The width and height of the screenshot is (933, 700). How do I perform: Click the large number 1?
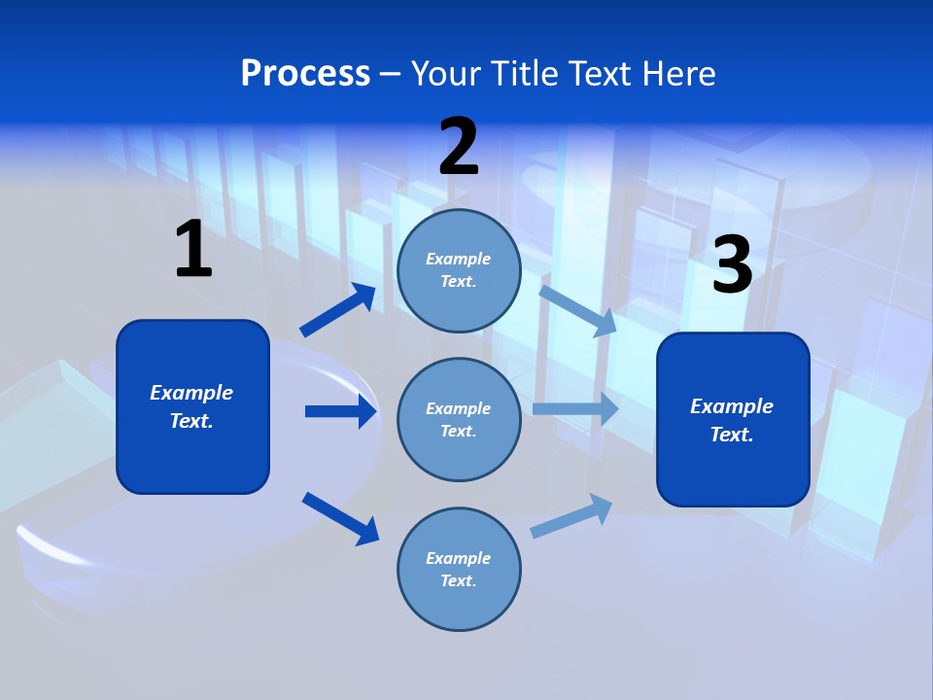(x=193, y=249)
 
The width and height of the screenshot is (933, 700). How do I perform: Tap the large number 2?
(x=459, y=147)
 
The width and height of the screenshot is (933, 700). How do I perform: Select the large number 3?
(x=732, y=264)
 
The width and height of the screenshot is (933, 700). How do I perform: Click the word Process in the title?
(x=305, y=73)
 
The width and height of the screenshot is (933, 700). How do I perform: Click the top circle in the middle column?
(x=459, y=270)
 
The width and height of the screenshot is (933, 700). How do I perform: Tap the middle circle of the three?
(x=459, y=420)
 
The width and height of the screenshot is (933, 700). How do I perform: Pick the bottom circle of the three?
(x=459, y=570)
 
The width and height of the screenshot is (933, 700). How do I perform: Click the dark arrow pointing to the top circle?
(x=338, y=310)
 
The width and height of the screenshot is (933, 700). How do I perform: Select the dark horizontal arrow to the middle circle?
(x=340, y=411)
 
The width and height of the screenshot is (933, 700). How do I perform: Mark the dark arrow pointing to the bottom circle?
(x=341, y=517)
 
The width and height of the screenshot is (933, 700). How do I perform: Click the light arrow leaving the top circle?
(x=578, y=309)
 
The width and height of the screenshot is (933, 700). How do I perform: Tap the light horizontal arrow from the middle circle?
(x=575, y=408)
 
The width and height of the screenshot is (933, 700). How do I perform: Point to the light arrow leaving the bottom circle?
(x=572, y=515)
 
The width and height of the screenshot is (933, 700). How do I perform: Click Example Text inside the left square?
(x=191, y=406)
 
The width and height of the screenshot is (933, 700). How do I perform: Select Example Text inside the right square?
(x=732, y=420)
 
